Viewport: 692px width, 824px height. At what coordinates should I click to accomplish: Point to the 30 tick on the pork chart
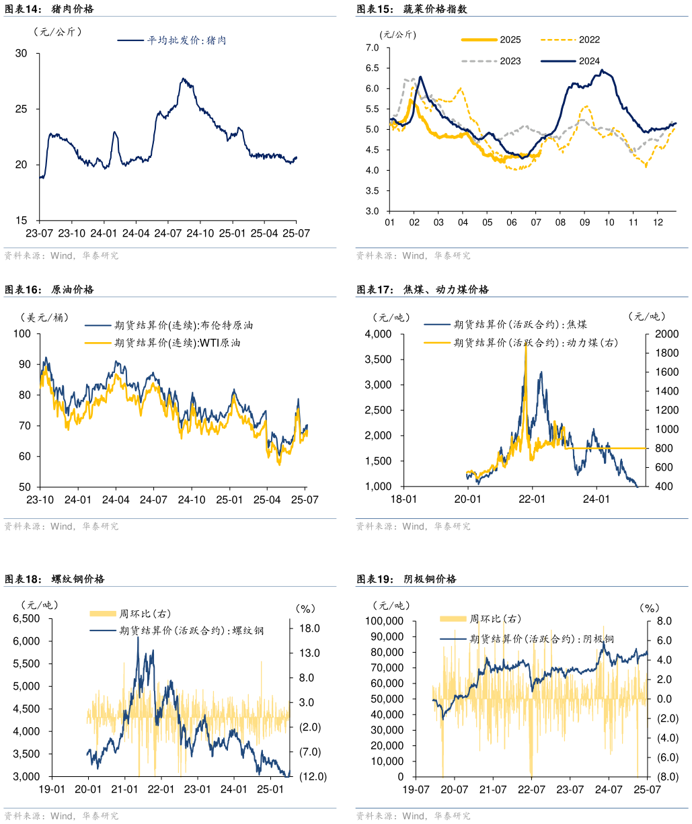click(x=22, y=53)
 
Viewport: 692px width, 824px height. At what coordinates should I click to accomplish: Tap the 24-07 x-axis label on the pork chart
click(x=168, y=233)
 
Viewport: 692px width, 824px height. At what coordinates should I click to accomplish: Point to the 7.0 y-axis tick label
click(x=372, y=48)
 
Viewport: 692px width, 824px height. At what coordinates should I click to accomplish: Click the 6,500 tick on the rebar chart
click(x=26, y=618)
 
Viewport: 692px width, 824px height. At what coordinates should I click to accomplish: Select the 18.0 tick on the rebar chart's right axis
click(x=310, y=628)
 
